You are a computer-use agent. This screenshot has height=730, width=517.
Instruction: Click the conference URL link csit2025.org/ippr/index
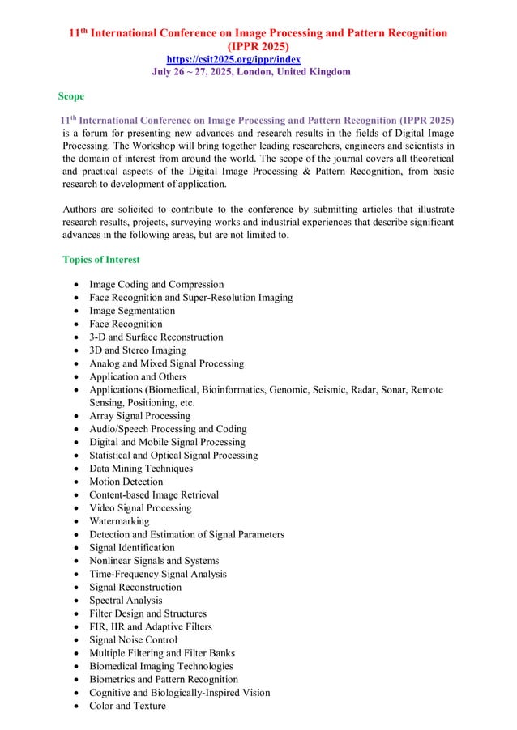[233, 60]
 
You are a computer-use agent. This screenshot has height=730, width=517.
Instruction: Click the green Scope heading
[71, 96]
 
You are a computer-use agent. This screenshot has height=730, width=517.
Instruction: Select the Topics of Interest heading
[101, 260]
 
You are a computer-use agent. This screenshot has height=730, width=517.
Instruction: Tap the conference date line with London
[251, 72]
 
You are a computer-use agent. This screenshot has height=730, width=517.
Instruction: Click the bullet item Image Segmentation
[131, 311]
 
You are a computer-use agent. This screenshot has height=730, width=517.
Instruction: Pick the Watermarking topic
[119, 521]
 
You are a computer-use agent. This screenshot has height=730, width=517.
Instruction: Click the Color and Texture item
[127, 706]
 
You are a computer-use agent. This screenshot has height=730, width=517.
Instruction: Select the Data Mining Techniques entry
[141, 469]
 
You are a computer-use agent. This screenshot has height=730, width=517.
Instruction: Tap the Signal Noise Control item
[133, 639]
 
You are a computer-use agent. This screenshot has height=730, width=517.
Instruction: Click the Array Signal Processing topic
[139, 416]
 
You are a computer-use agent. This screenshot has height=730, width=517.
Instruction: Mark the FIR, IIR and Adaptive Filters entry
[151, 626]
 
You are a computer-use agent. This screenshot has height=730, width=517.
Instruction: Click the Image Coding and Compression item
[156, 285]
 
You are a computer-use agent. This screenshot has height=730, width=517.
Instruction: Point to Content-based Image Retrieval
[154, 494]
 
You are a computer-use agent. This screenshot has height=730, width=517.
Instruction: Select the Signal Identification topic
[131, 548]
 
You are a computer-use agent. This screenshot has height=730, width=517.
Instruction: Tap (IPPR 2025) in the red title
[256, 47]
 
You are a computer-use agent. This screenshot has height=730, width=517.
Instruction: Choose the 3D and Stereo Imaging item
[137, 350]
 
